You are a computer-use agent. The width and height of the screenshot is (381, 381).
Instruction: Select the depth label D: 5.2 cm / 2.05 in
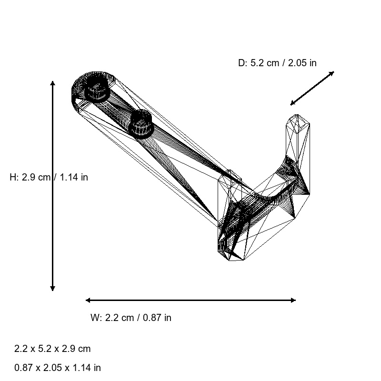click(x=277, y=63)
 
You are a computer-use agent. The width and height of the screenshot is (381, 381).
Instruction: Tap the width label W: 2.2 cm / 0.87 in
click(x=130, y=318)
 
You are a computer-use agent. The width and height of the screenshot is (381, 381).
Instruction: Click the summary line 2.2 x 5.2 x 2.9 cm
click(x=52, y=349)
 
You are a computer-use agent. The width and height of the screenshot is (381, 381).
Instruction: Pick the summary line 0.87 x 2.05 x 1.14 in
click(x=58, y=368)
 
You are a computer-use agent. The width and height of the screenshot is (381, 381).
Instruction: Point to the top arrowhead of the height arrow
click(x=52, y=83)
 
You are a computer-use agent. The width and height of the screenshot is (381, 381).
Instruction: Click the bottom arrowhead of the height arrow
click(x=52, y=288)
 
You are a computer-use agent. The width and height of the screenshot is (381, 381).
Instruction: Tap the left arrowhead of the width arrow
click(x=88, y=300)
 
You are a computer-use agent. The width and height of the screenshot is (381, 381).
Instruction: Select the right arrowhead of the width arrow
click(x=293, y=300)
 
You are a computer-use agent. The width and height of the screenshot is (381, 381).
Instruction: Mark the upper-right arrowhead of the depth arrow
click(x=332, y=73)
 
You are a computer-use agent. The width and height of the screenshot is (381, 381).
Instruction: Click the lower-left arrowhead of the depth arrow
click(x=292, y=103)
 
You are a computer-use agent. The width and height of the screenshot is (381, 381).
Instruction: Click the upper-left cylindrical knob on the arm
click(x=98, y=90)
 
